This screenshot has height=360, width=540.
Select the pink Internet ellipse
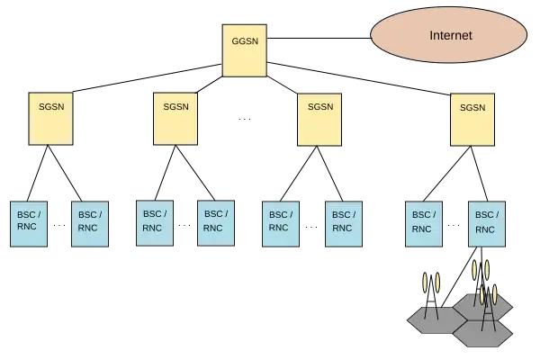[447, 35]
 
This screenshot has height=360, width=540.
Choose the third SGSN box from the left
[319, 118]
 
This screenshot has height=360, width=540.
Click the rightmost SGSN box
[472, 118]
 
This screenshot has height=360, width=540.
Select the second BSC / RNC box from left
[90, 221]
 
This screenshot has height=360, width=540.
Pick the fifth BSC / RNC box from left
[279, 221]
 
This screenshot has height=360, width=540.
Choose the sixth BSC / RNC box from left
[343, 221]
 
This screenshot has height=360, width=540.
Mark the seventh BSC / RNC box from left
[422, 221]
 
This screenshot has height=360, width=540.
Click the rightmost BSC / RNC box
[484, 221]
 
